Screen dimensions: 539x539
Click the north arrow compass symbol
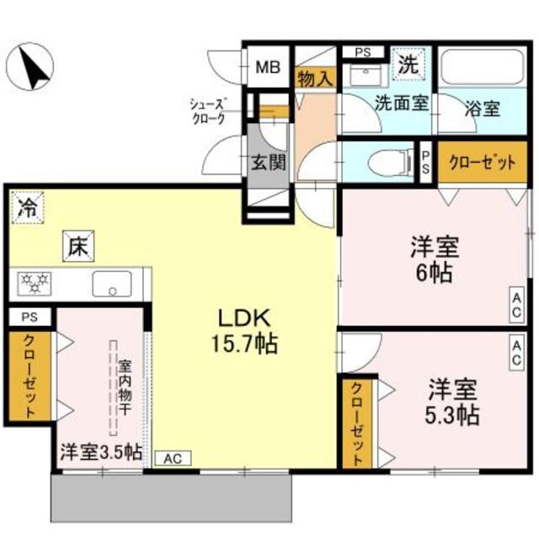pyautogui.click(x=33, y=67)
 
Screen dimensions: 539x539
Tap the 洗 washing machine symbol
pyautogui.click(x=408, y=61)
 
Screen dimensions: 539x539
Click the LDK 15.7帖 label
pyautogui.click(x=244, y=330)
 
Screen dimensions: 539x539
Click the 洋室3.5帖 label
pyautogui.click(x=99, y=451)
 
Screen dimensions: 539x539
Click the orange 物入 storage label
pyautogui.click(x=316, y=79)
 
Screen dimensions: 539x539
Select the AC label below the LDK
pyautogui.click(x=173, y=459)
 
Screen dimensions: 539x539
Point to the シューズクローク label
pyautogui.click(x=209, y=111)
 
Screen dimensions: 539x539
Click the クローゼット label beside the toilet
pyautogui.click(x=481, y=163)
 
